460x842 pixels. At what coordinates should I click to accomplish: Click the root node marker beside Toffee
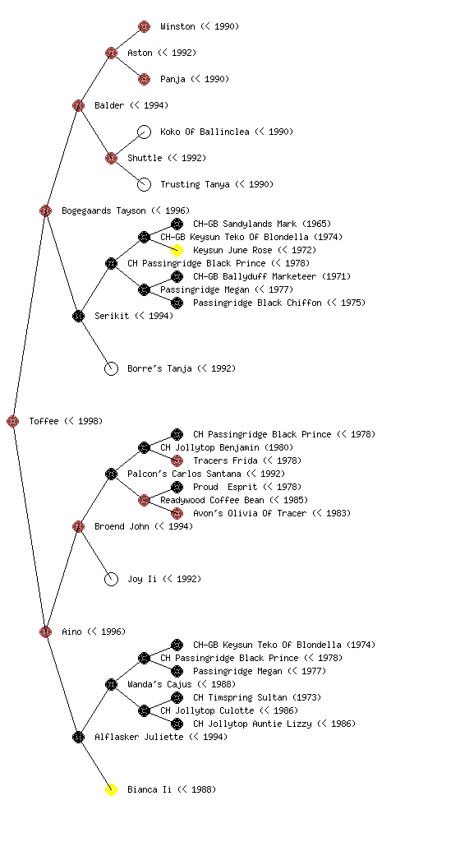[x=13, y=421]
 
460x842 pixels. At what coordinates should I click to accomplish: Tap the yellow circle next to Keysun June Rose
[x=177, y=250]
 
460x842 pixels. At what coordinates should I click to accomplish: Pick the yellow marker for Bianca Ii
[x=111, y=789]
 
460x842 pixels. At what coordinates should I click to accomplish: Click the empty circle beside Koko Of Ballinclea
[x=145, y=132]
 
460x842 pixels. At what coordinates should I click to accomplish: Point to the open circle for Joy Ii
[x=111, y=579]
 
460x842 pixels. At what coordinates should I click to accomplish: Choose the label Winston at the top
[x=177, y=26]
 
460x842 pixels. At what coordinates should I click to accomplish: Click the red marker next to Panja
[x=145, y=79]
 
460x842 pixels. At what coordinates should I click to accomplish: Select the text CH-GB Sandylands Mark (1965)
[x=262, y=224]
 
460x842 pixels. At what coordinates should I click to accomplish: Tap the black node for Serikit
[x=78, y=316]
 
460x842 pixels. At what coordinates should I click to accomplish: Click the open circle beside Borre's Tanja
[x=111, y=368]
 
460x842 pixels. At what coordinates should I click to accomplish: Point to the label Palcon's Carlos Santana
[x=185, y=474]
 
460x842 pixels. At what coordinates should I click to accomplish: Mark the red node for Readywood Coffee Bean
[x=145, y=500]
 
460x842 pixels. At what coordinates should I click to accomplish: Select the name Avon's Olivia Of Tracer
[x=250, y=513]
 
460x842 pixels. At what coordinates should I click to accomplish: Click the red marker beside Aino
[x=45, y=631]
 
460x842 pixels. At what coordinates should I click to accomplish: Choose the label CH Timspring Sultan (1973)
[x=257, y=697]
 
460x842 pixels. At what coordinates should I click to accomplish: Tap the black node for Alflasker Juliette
[x=78, y=737]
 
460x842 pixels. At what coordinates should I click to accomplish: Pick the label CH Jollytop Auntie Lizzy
[x=252, y=724]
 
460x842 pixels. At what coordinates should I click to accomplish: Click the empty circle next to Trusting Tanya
[x=145, y=184]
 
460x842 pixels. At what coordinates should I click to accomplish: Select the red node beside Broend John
[x=78, y=526]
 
